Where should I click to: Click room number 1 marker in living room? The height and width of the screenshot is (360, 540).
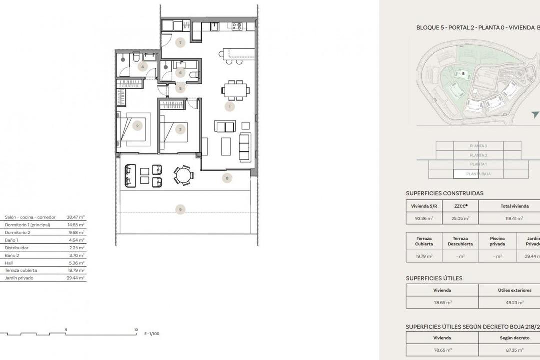tap(230, 106)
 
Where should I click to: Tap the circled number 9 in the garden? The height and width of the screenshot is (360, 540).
tap(180, 210)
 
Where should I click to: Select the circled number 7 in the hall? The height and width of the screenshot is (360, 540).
tap(180, 43)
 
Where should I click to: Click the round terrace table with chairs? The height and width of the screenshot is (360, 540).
tap(184, 175)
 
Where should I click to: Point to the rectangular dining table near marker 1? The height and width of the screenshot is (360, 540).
tap(236, 90)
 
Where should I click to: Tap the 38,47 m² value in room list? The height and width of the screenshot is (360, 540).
tap(76, 217)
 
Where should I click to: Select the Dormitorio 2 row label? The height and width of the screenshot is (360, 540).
tap(18, 232)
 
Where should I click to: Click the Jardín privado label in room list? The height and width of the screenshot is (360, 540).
tap(19, 278)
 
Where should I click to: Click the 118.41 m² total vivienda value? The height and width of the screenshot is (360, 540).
tap(513, 218)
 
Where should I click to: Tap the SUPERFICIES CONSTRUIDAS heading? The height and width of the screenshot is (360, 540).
tap(444, 193)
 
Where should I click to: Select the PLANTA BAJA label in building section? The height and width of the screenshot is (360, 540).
tap(478, 174)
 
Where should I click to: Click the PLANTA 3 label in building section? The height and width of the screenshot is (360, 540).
tap(478, 146)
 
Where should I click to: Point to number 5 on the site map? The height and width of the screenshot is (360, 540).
tap(463, 73)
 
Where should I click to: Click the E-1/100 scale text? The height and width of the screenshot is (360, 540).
tap(152, 334)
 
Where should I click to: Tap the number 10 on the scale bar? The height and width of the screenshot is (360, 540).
tap(136, 330)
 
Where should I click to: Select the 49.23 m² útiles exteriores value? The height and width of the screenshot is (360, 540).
tap(513, 302)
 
